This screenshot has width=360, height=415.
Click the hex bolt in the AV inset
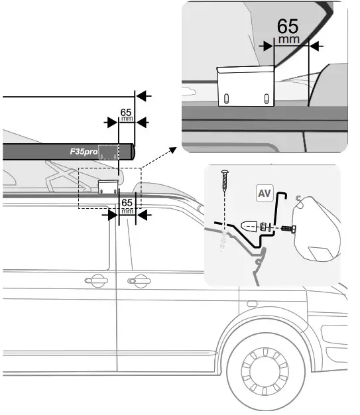click(x=286, y=229)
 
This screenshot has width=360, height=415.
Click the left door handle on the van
click(x=98, y=278)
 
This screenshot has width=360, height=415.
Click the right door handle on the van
click(x=138, y=279)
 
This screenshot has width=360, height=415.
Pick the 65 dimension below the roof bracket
click(x=128, y=204)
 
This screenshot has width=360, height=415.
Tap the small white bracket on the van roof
click(x=107, y=186)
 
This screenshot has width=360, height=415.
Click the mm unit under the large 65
click(x=288, y=40)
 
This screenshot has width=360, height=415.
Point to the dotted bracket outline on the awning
click(x=108, y=151)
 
